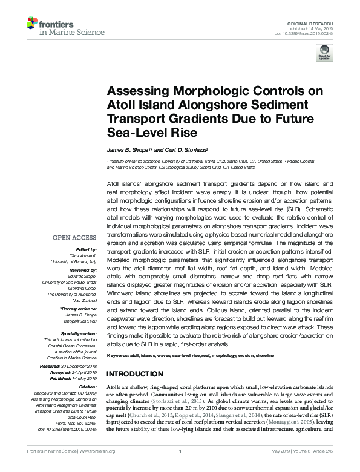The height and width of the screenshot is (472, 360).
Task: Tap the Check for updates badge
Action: tap(325, 51)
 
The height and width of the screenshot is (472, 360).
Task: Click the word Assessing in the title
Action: tap(133, 91)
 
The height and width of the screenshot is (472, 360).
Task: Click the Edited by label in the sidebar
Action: tap(88, 249)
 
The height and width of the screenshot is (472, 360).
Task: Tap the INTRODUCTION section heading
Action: tap(135, 373)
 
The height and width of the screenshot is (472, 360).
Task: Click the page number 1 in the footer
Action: tap(180, 467)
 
